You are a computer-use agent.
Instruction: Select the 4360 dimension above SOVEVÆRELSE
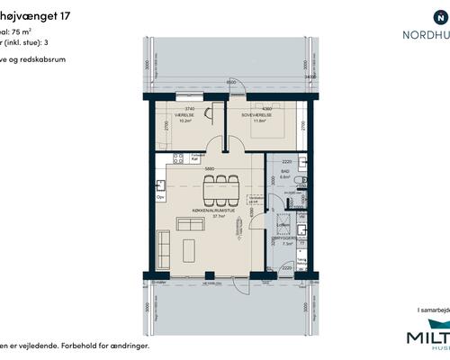click(266, 107)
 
